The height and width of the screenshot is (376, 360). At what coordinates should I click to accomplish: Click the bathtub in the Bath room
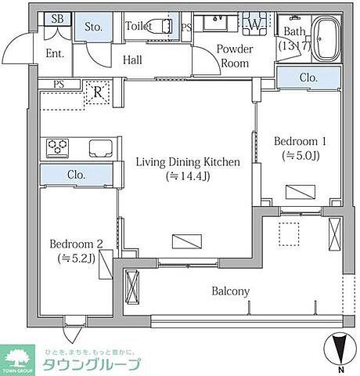tap(326, 38)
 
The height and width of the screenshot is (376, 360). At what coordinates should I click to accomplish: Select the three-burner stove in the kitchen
tap(57, 148)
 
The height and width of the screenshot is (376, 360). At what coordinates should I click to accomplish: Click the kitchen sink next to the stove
tap(101, 148)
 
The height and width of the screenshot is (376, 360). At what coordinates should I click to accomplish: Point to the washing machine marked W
tap(254, 24)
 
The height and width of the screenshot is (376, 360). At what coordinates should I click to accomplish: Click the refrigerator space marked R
tap(98, 92)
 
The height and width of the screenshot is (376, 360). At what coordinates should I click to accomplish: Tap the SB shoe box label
tap(57, 19)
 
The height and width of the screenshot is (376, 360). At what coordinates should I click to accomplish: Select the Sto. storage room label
tap(93, 27)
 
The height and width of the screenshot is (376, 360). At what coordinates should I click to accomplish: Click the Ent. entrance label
tap(55, 53)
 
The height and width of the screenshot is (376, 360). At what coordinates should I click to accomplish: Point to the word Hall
tap(132, 60)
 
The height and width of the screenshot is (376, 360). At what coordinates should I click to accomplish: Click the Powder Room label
tap(235, 56)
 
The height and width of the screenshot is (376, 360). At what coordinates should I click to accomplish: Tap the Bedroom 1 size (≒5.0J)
tap(301, 156)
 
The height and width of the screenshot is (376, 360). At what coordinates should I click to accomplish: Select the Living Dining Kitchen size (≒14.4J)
tap(188, 176)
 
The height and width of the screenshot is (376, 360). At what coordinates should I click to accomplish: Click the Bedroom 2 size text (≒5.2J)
tap(76, 258)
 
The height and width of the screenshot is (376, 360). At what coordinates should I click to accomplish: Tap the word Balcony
tap(231, 291)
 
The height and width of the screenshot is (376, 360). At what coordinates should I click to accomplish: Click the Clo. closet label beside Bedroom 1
tap(308, 78)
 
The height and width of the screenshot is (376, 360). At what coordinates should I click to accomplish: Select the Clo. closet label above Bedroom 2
tap(76, 175)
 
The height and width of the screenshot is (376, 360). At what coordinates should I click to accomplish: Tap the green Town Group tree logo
tap(17, 360)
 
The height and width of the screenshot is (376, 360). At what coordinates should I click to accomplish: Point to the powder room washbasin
tap(215, 23)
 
